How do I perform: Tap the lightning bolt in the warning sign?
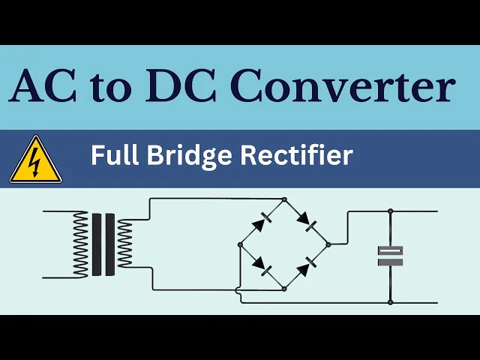pyautogui.click(x=34, y=160)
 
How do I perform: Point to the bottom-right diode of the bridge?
pyautogui.click(x=307, y=265)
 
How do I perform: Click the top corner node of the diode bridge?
pyautogui.click(x=284, y=199)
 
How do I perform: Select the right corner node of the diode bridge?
pyautogui.click(x=328, y=244)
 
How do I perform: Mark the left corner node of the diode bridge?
pyautogui.click(x=240, y=244)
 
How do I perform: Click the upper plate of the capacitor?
pyautogui.click(x=390, y=250)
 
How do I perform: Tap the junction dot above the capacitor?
pyautogui.click(x=390, y=211)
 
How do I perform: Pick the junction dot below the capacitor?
pyautogui.click(x=390, y=302)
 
